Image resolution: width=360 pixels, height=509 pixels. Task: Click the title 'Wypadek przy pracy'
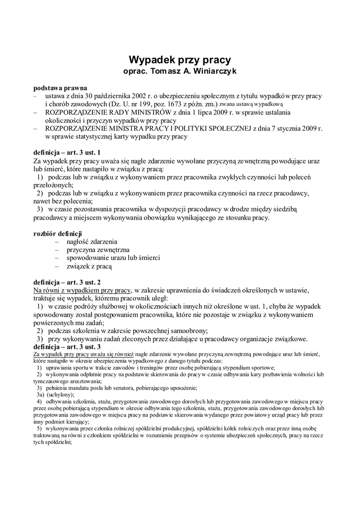180,60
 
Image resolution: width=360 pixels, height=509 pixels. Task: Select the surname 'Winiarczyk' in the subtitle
209,72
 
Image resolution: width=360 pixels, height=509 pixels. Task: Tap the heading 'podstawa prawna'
60,88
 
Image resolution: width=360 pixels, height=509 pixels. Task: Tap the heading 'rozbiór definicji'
58,234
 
